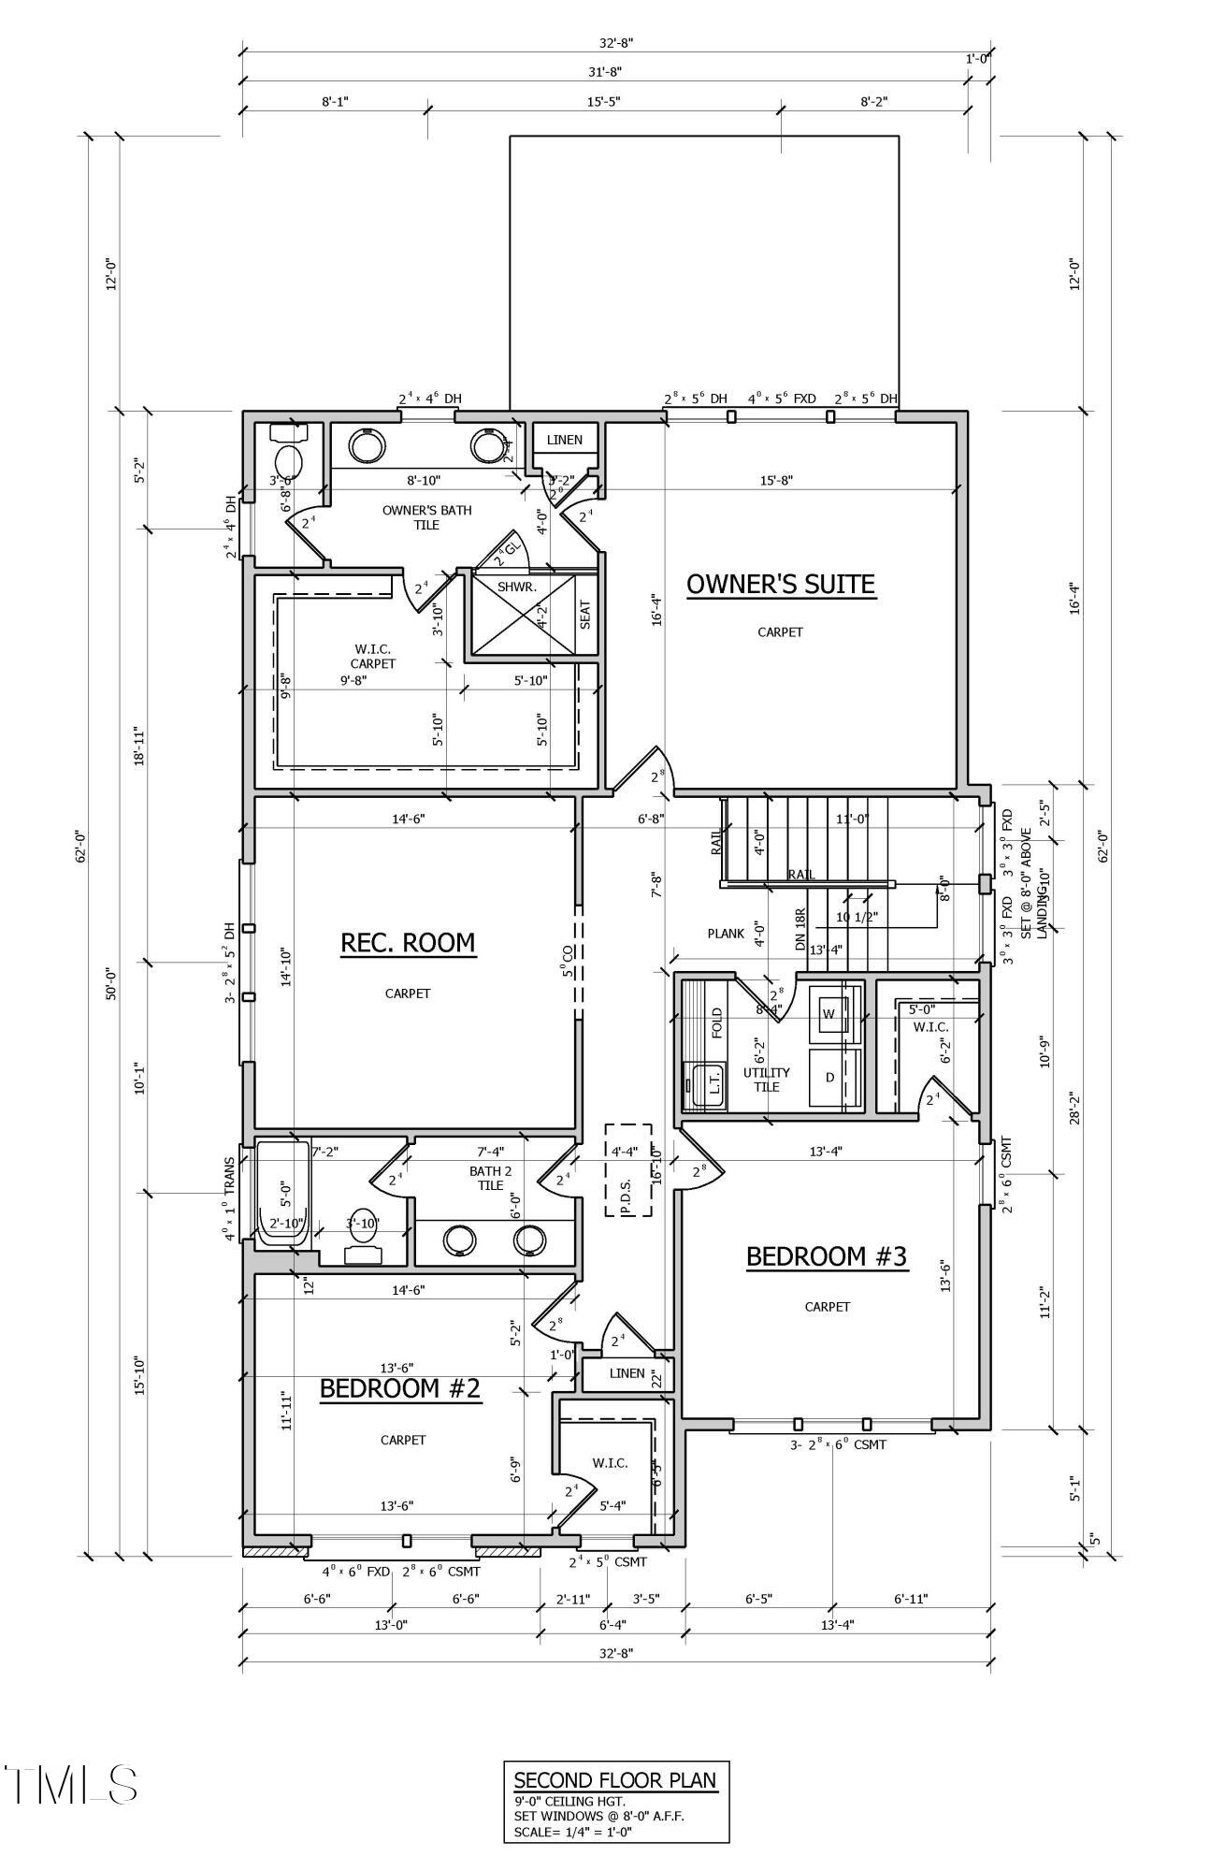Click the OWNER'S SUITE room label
[x=781, y=584]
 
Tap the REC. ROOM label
[x=408, y=942]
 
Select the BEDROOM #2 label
[x=400, y=1388]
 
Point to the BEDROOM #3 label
[x=827, y=1255]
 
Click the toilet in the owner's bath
[x=289, y=457]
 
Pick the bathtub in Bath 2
[x=281, y=1193]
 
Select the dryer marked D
[x=830, y=1078]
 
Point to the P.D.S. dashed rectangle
[x=627, y=1169]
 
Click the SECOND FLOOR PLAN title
[x=615, y=1780]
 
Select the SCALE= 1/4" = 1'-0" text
[x=573, y=1832]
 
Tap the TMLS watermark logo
[x=71, y=1784]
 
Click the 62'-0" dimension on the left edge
[x=81, y=847]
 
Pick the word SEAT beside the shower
[x=586, y=614]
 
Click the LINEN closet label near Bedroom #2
[x=627, y=1373]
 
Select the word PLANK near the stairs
[x=726, y=934]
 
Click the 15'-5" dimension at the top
[x=604, y=100]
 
